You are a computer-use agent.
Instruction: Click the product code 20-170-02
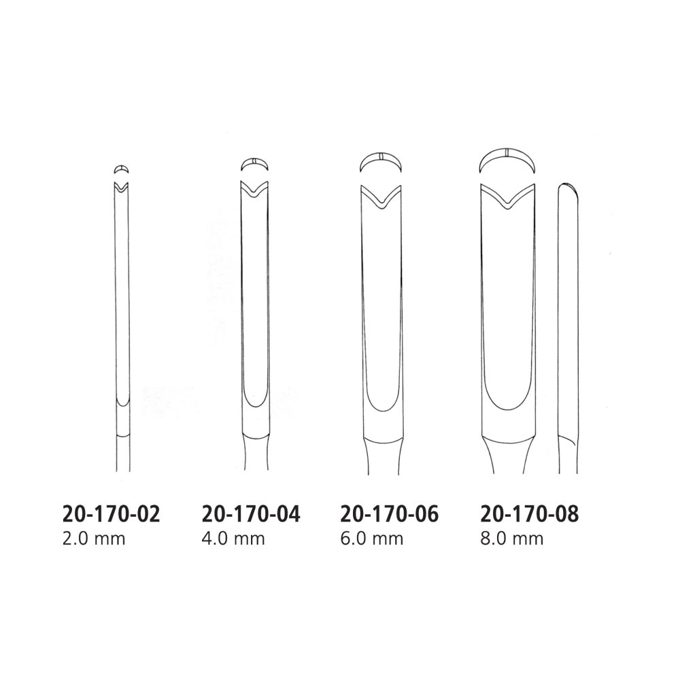click(x=112, y=514)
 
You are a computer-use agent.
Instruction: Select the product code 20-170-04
click(x=251, y=514)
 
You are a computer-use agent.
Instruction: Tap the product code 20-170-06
click(x=390, y=514)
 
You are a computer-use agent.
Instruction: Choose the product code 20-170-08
click(x=530, y=514)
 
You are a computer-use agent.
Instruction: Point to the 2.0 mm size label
click(x=94, y=539)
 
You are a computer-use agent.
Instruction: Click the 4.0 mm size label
click(x=233, y=539)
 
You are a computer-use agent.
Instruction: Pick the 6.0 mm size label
click(x=372, y=539)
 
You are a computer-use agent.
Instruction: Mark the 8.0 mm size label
click(x=512, y=539)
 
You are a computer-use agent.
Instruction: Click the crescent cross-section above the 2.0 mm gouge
click(x=122, y=168)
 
